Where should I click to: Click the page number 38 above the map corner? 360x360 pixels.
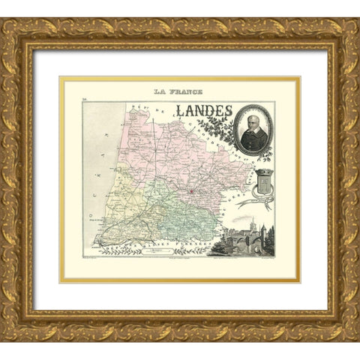point(84,98)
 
